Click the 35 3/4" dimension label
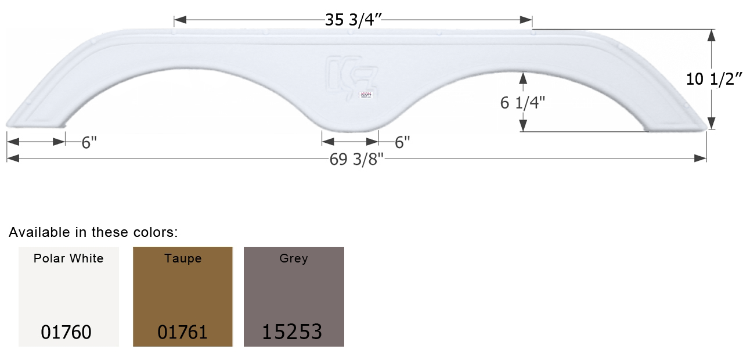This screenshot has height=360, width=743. click(x=353, y=20)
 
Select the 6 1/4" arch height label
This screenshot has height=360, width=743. click(x=522, y=102)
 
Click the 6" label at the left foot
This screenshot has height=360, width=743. click(x=89, y=143)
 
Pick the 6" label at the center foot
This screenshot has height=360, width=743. click(x=402, y=142)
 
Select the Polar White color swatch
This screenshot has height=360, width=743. click(x=68, y=296)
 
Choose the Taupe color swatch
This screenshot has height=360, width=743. click(x=183, y=296)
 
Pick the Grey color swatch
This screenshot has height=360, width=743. click(x=294, y=296)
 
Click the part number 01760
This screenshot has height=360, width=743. click(x=66, y=332)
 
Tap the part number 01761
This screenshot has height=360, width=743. click(x=182, y=332)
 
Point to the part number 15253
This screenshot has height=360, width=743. click(x=292, y=332)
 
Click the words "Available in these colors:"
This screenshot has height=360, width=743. click(x=93, y=233)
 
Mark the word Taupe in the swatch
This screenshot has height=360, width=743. click(x=183, y=259)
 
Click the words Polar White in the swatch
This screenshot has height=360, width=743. click(x=68, y=259)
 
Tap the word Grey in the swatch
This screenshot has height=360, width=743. click(x=294, y=259)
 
